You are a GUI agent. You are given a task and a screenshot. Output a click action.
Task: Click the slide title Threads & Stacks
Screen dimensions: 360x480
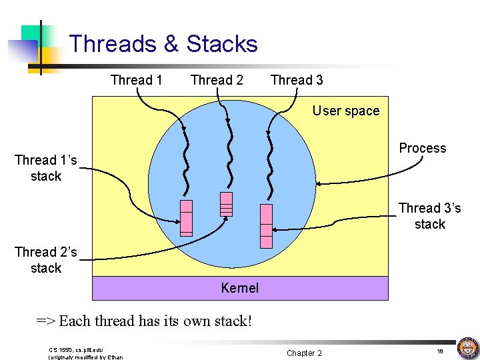coord(163,44)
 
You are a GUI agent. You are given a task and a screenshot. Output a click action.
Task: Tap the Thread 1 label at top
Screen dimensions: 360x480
coord(136,80)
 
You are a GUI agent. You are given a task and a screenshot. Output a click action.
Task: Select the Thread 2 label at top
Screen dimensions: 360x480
coord(217,80)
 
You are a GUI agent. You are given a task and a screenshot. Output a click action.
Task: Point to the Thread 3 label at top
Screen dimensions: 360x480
coord(297,80)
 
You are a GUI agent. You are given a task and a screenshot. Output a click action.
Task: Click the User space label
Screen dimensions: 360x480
coord(345,111)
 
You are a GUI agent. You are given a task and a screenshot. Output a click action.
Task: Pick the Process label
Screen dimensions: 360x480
coord(422,148)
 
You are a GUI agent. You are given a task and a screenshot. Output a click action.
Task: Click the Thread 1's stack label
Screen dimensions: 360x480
coord(46,168)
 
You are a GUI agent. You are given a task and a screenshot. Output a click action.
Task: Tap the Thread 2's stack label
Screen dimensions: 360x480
coord(46,260)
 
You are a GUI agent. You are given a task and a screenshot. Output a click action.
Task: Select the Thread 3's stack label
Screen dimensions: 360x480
coord(429,216)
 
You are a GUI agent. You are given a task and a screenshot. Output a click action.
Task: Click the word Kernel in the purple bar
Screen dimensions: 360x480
coord(239,288)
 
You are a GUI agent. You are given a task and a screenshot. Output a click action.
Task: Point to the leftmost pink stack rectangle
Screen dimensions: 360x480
coord(186,217)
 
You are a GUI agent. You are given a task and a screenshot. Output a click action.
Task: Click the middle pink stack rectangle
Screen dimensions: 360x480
coord(226,205)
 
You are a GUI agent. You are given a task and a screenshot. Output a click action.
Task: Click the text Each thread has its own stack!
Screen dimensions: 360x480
coord(155,321)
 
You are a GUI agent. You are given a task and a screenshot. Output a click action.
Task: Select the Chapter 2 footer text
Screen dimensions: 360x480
coord(304,353)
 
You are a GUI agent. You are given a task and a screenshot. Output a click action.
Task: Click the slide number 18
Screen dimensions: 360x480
coord(440,351)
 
